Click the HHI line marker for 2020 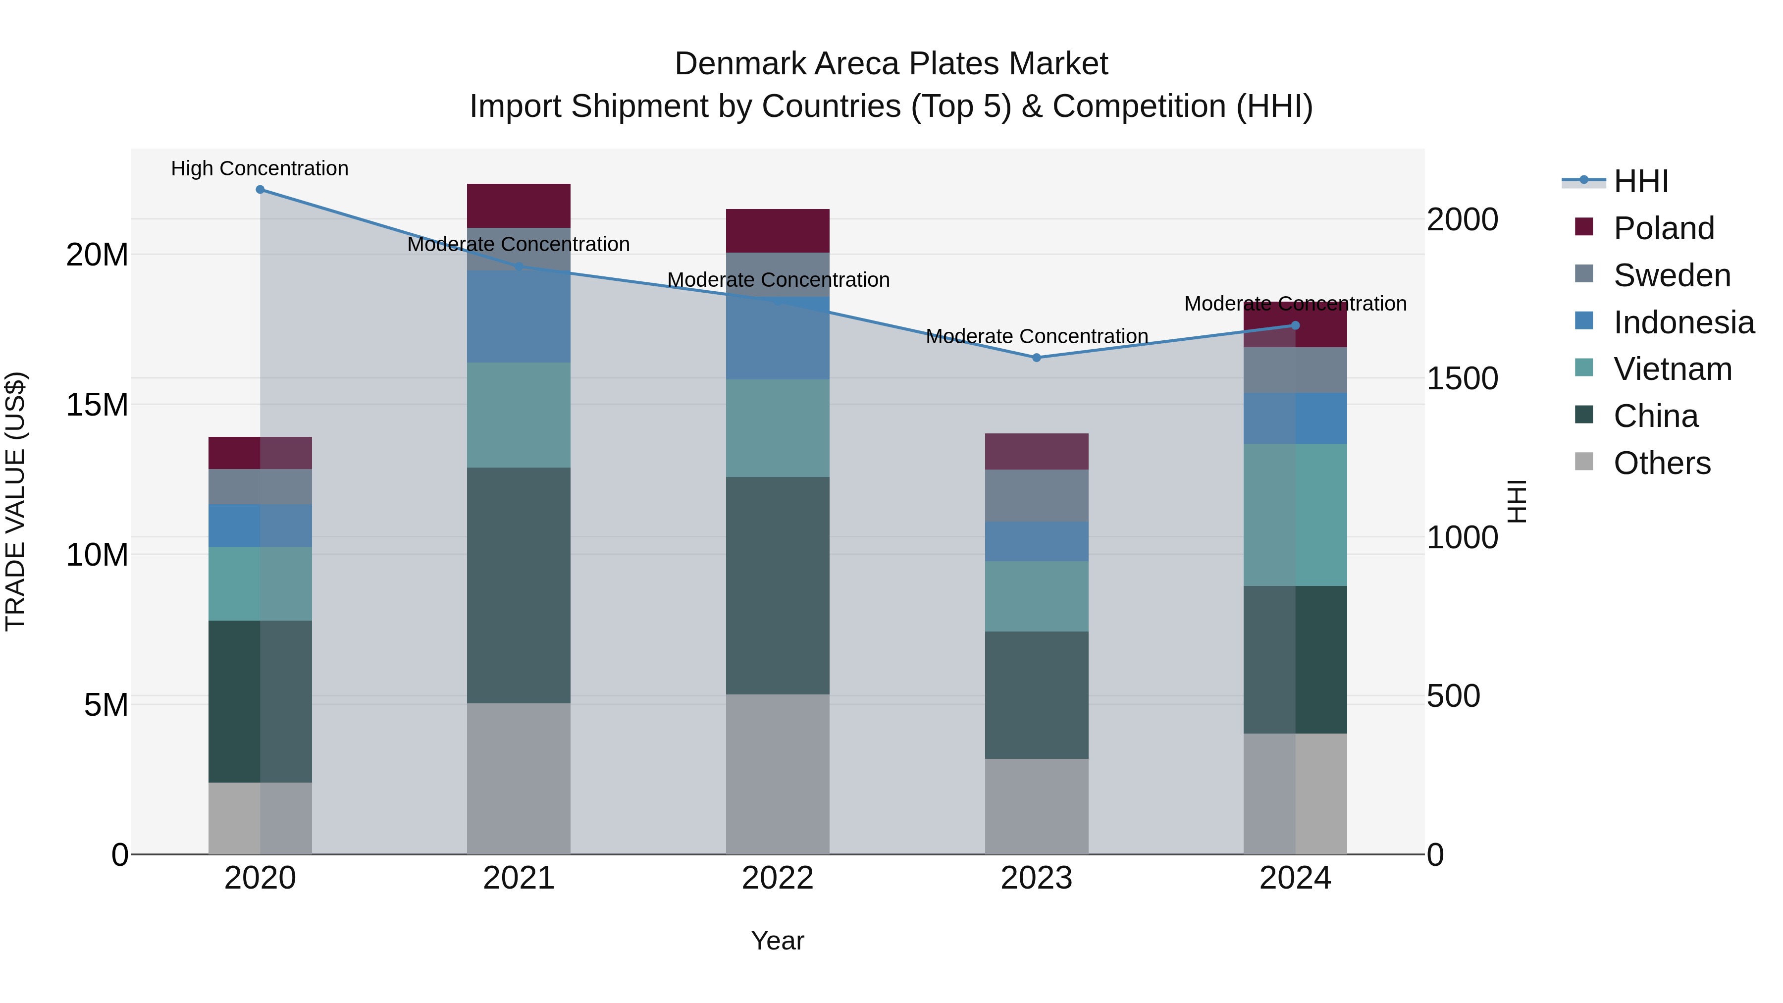260,190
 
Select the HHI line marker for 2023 1036,358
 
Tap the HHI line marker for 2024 1295,325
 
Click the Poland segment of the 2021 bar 519,206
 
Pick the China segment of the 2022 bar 777,585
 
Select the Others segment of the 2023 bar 1036,806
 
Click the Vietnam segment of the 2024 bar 1295,515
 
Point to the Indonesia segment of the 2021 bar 519,317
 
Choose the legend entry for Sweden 1672,275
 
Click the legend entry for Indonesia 1683,322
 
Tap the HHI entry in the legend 1640,181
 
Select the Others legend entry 1661,463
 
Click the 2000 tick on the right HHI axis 1463,219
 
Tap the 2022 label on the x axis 777,878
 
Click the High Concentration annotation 260,169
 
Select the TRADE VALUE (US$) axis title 15,502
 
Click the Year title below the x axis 777,941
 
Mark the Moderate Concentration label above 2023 1036,336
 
